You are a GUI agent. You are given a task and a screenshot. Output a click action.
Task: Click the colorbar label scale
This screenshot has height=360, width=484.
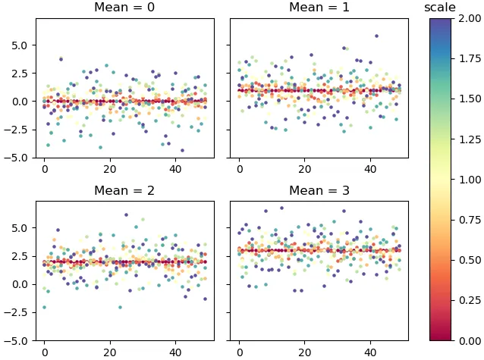[x=440, y=8]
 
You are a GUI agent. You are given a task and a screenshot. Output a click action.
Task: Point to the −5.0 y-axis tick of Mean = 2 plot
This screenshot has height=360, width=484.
[x=17, y=341]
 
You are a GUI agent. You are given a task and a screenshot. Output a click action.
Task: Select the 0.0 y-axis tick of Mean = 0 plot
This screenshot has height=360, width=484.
[x=20, y=101]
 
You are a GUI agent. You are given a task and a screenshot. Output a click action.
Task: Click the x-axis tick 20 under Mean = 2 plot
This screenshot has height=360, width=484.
[x=109, y=352]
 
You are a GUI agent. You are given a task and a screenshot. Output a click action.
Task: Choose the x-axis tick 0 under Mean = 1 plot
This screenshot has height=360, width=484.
[x=240, y=168]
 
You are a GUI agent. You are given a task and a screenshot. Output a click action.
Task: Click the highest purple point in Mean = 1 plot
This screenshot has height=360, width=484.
[x=376, y=36]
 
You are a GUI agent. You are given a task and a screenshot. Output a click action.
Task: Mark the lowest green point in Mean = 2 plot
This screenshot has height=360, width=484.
[x=44, y=307]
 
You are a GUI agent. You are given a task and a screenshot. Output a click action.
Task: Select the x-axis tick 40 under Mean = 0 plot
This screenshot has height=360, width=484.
[x=174, y=168]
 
